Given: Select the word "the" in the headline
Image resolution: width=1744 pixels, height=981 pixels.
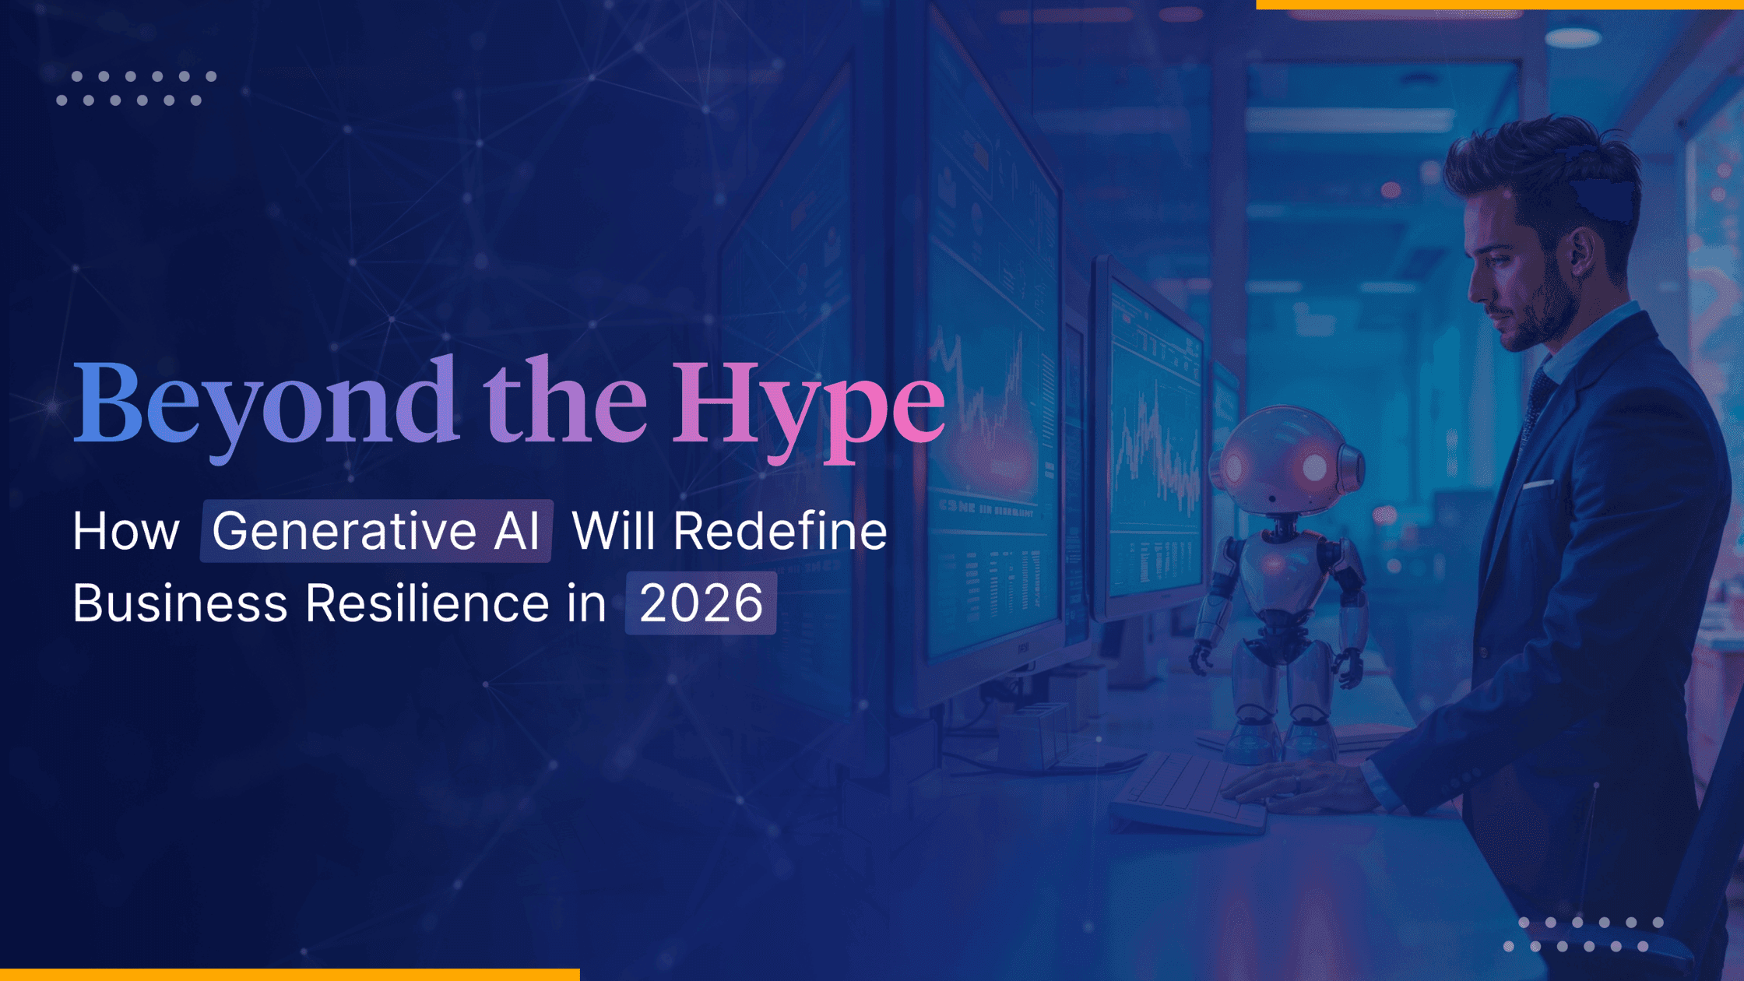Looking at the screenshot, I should [564, 401].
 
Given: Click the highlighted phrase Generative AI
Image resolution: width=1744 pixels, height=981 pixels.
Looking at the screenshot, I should [376, 531].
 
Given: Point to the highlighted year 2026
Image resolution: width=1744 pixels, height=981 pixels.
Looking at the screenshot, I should [701, 603].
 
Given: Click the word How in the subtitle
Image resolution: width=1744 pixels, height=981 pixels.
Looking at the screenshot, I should [126, 532].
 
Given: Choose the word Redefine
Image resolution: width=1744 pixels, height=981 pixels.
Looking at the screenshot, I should [780, 532].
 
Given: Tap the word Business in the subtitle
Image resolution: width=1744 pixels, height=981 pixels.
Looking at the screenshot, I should [180, 603].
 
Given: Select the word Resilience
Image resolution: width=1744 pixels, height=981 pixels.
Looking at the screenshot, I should [427, 603].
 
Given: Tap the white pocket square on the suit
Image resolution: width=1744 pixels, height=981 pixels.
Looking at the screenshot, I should [1538, 484].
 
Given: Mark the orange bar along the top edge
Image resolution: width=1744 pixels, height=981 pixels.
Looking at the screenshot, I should [1500, 5].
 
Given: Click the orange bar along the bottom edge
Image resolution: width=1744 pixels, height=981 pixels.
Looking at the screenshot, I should [290, 975].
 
